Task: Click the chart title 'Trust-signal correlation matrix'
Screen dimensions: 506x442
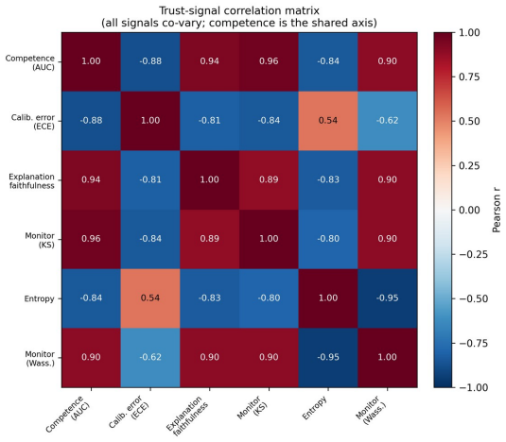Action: (x=239, y=10)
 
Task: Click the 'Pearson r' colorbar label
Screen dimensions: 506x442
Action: (x=497, y=210)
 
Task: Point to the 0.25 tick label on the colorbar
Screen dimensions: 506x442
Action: (x=469, y=165)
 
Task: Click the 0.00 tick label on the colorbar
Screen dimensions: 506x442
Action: (x=469, y=210)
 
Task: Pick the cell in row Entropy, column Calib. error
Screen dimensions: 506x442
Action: (x=150, y=298)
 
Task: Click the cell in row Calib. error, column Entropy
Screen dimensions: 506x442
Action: (x=328, y=121)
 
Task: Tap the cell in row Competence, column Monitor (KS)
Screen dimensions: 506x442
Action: (x=269, y=61)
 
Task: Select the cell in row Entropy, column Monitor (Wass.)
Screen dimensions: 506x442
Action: (x=387, y=298)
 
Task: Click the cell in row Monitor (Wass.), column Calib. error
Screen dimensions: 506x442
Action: (x=150, y=358)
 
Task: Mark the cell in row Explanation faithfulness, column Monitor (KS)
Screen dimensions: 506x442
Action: (x=269, y=180)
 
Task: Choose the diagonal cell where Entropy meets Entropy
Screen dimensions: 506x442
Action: (x=328, y=298)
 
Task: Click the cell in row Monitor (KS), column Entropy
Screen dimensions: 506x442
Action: (x=328, y=239)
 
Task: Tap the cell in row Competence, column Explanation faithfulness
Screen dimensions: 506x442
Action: (x=210, y=61)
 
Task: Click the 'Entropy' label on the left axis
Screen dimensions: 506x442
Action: (x=40, y=299)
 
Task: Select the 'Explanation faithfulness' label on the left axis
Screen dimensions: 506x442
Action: (x=31, y=181)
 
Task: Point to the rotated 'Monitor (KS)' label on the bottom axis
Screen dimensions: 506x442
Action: (x=253, y=408)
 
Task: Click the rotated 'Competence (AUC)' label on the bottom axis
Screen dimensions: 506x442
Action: (x=68, y=414)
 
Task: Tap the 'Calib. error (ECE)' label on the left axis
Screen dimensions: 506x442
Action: (x=32, y=122)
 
